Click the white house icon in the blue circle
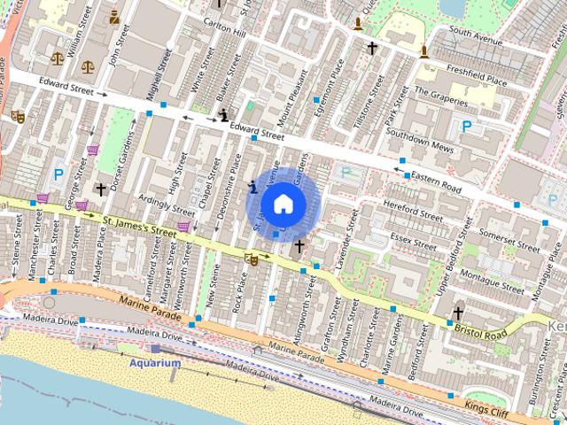click(283, 204)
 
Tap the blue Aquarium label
click(155, 363)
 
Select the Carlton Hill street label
click(225, 23)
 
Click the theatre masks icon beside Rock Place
click(252, 259)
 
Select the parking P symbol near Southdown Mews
click(466, 127)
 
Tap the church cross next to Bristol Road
click(457, 313)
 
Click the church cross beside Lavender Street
click(299, 246)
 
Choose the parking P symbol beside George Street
click(59, 175)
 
